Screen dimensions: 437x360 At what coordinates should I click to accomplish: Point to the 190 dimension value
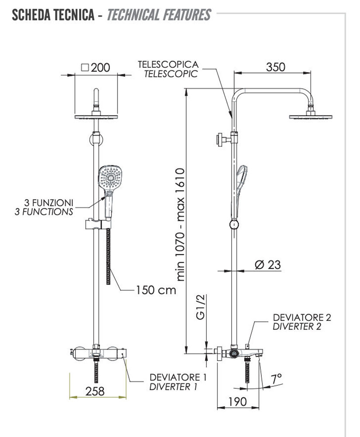(x=237, y=401)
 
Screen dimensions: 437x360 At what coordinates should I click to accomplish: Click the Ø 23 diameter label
(x=267, y=264)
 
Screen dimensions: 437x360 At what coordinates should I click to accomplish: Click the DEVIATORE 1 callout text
(x=178, y=377)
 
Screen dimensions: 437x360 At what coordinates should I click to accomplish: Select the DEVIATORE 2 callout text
(x=302, y=317)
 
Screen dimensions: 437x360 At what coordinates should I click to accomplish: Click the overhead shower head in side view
(x=311, y=116)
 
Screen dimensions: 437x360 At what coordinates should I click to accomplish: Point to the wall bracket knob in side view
(x=218, y=140)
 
